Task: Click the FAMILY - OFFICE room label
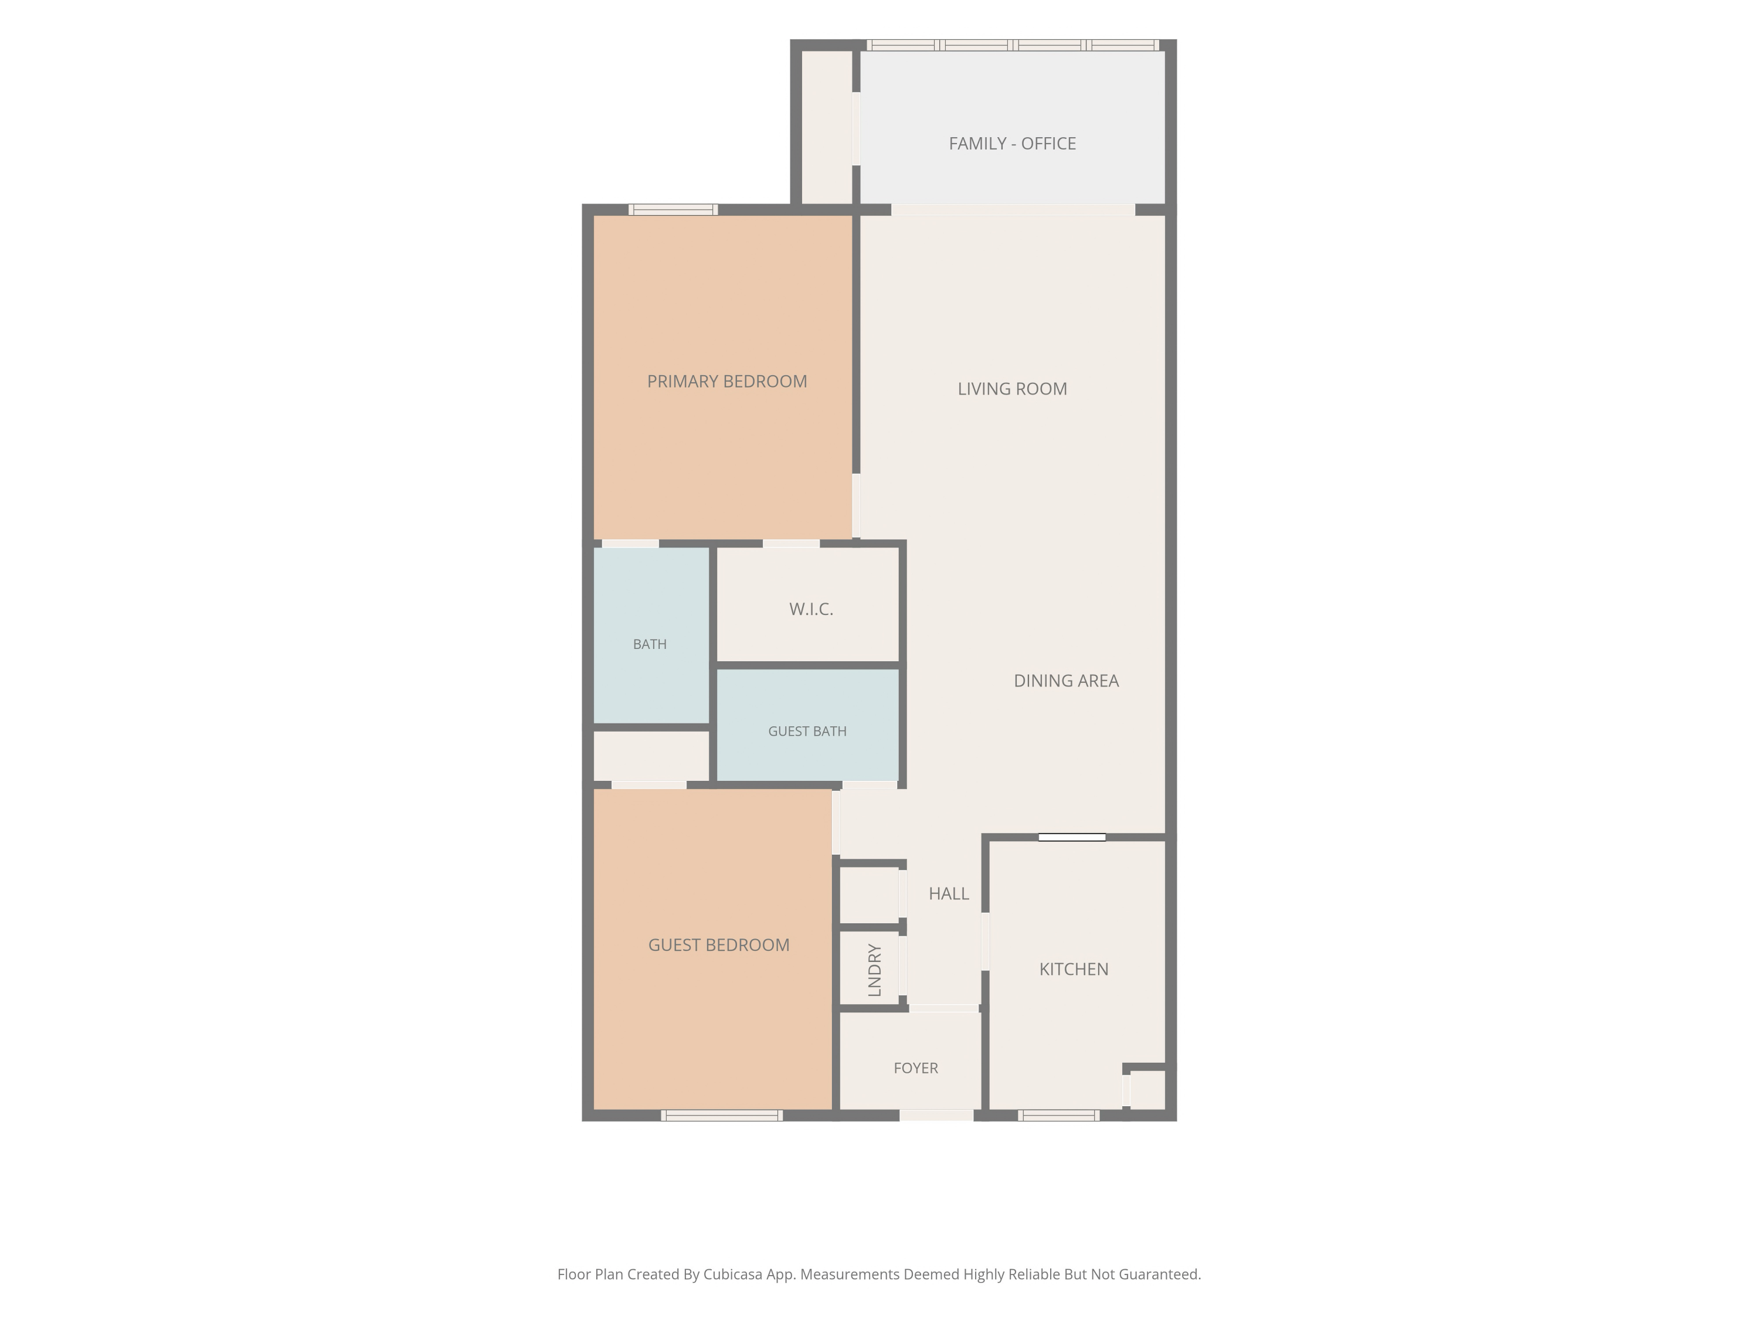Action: click(1011, 144)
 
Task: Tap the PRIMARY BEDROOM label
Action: click(727, 382)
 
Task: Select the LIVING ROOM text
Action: click(1011, 389)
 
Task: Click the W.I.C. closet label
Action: click(811, 609)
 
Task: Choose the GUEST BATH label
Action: click(807, 732)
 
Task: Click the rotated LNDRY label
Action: click(875, 970)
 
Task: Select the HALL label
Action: click(949, 893)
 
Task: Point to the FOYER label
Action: click(915, 1068)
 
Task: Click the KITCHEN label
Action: click(1074, 969)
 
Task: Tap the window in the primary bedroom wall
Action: click(673, 210)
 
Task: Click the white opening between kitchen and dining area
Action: click(1072, 837)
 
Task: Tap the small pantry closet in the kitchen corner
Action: click(1147, 1089)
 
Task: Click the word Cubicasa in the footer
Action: click(732, 1274)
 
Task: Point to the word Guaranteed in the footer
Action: click(1159, 1274)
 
